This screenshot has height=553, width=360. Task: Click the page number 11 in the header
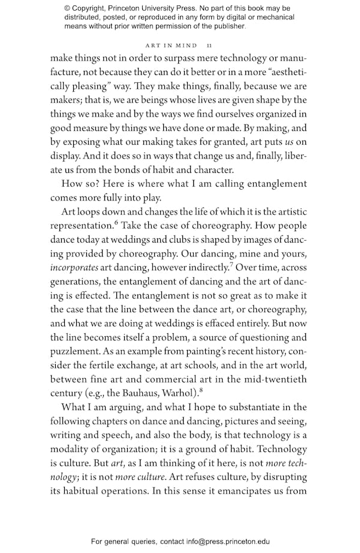209,45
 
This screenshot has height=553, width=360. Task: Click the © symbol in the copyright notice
67,8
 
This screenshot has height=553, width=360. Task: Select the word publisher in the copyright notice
226,26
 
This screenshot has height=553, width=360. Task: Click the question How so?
80,184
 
